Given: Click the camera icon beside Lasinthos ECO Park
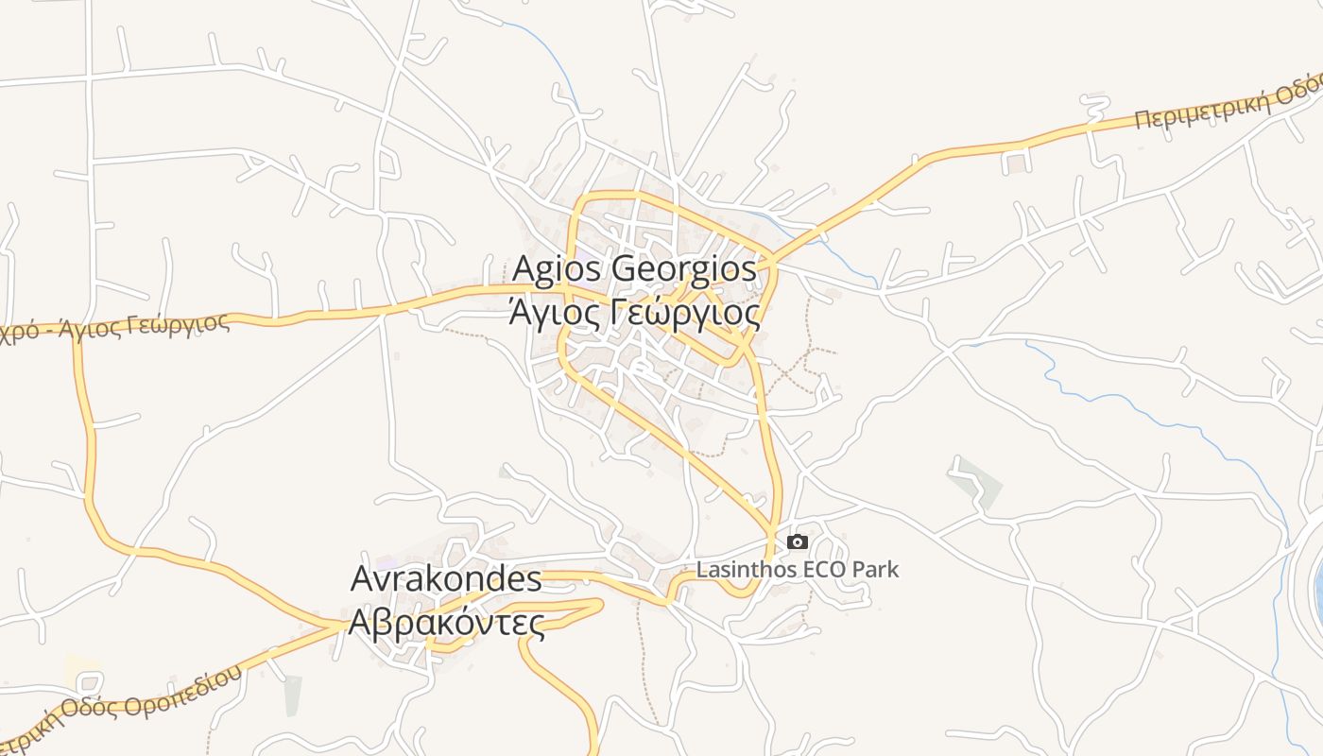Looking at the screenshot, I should coord(798,541).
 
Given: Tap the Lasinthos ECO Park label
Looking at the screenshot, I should coord(798,570).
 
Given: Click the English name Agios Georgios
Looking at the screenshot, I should coord(634,269).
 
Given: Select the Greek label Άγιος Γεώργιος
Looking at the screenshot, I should coord(634,311).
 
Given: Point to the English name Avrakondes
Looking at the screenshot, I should coord(446,579).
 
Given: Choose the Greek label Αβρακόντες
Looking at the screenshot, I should coord(447,623).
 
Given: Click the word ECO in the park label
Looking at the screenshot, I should coord(823,570).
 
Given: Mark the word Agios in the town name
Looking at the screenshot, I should coord(557,269).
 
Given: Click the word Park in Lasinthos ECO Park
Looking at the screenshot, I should coord(875,570).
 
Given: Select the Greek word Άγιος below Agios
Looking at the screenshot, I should coord(552,311).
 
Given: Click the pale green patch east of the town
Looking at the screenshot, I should coord(977,483).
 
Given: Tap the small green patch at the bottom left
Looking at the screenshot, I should coord(293,695).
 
